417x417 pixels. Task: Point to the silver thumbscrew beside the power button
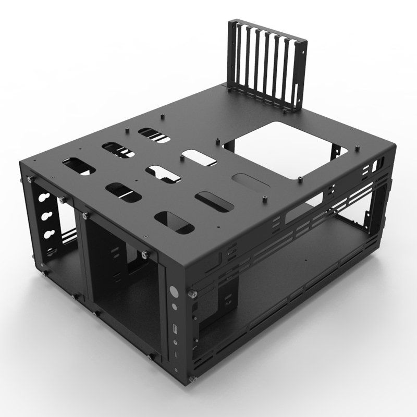tap(194, 294)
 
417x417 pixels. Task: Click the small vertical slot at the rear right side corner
tap(375, 168)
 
